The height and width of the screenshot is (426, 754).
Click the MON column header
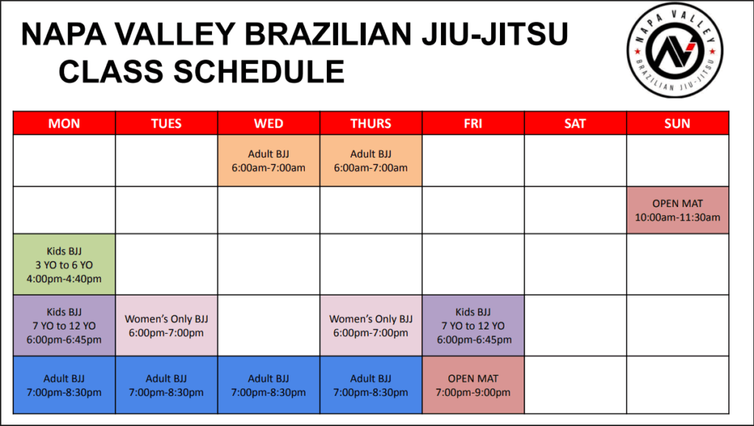coord(64,123)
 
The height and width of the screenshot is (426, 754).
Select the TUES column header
coord(166,123)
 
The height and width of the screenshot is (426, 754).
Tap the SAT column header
coord(575,123)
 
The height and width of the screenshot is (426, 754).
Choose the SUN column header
coord(677,123)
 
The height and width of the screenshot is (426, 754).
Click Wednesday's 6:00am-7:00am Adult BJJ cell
coord(269,161)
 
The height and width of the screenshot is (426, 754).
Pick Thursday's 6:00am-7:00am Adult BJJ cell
coord(371,161)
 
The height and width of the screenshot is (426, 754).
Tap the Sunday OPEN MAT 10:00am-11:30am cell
coord(677,210)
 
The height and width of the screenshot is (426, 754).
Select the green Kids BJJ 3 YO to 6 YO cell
coord(64,264)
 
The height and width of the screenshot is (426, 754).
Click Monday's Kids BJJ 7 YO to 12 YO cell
coord(64,326)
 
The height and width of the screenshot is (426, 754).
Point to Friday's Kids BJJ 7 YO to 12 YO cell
coord(473,326)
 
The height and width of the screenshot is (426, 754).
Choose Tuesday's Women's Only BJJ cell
coord(166,326)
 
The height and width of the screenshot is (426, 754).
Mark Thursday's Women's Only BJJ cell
coord(371,326)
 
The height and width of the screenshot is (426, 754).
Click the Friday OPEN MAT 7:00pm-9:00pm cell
coord(473,385)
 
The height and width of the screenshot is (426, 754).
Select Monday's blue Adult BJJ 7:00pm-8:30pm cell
coord(64,385)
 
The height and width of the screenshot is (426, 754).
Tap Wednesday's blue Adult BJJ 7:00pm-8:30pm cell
coord(269,385)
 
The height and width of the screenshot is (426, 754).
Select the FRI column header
coord(473,123)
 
